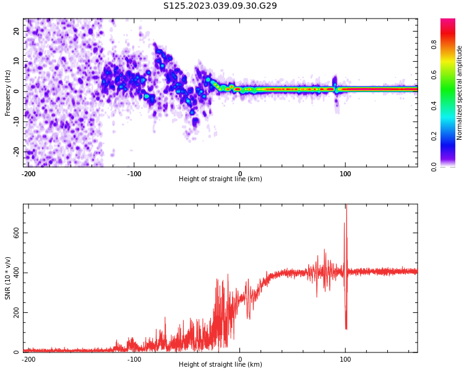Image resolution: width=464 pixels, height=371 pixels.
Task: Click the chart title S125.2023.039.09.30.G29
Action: coord(220,6)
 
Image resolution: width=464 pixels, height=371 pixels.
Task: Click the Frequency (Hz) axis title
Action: coord(8,93)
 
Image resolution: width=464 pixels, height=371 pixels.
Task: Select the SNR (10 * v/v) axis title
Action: coord(8,278)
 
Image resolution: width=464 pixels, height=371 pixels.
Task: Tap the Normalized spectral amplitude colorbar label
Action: coord(460,93)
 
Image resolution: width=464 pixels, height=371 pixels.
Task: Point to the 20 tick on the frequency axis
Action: coord(17,31)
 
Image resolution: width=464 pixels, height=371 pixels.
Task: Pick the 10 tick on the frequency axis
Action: coord(17,61)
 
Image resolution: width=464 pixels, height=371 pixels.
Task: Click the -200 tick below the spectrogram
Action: coord(28,174)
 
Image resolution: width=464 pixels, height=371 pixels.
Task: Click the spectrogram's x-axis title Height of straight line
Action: coord(220,179)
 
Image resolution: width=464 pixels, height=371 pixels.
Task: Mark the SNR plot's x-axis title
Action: coord(220,365)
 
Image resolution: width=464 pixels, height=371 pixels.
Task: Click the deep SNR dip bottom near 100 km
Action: coord(346,328)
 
